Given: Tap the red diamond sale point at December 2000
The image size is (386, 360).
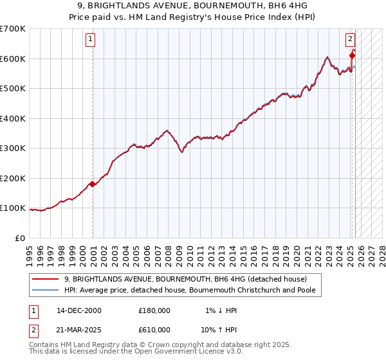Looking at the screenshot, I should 93,184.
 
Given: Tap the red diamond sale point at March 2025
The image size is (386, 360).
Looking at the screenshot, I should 352,56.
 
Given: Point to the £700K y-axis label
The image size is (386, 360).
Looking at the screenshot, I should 13,29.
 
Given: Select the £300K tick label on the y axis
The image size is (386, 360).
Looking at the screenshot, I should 13,148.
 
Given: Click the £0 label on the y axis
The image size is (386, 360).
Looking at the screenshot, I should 21,238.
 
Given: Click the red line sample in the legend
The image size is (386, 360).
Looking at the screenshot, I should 45,279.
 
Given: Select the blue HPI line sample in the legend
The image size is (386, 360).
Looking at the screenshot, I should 45,290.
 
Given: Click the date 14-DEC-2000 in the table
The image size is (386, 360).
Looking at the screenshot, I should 79,310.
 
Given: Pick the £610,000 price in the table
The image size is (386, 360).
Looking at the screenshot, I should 154,329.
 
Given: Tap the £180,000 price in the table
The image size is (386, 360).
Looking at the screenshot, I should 154,310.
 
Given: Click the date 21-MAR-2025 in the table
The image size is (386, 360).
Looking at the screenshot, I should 79,329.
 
